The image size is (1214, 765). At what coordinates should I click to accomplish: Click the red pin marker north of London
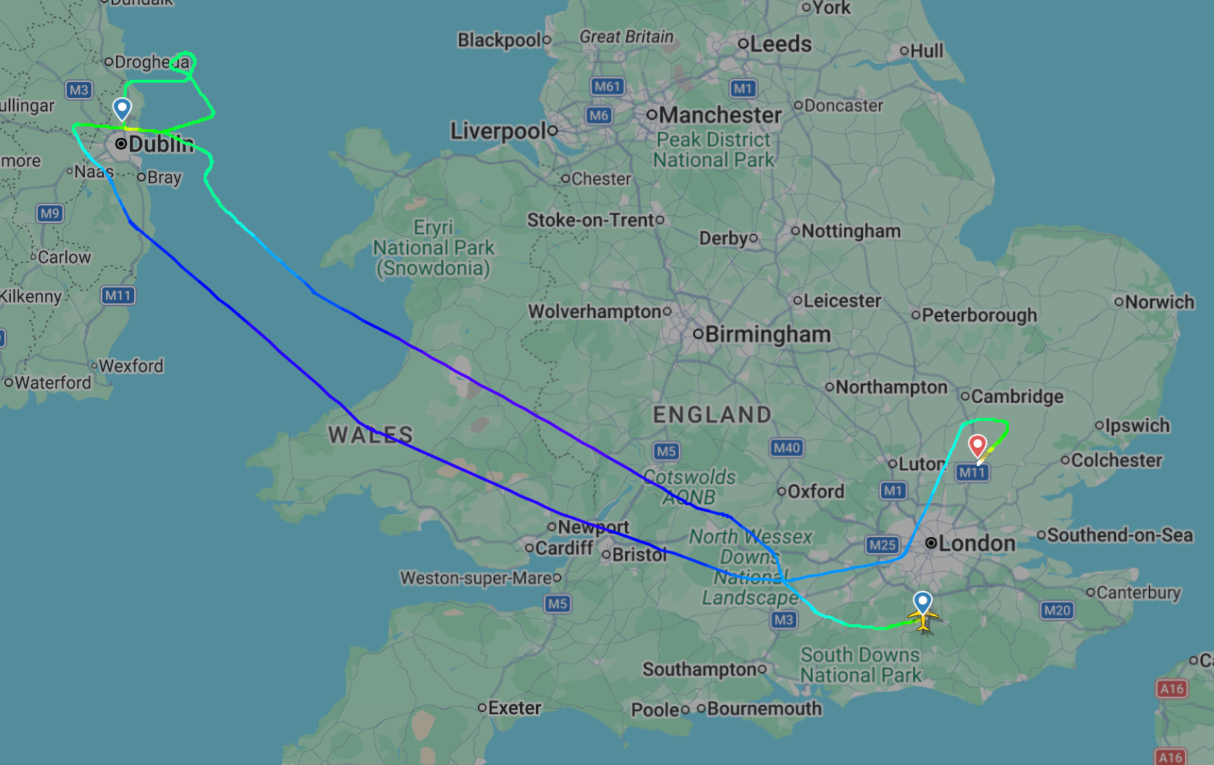pos(977,444)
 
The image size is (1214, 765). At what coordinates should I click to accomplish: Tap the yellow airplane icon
pos(922,619)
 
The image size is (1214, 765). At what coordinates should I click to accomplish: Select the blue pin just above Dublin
pos(122,109)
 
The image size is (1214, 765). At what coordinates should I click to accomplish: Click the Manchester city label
pos(720,115)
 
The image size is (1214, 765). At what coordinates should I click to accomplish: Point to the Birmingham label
pos(767,334)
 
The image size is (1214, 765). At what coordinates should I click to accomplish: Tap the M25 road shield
pos(882,545)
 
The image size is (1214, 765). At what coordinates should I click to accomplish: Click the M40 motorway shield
pos(786,448)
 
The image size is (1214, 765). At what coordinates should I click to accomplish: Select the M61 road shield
pos(607,86)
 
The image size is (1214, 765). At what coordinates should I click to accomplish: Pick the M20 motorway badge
pos(1057,610)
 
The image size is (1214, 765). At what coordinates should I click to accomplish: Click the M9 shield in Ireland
pos(50,213)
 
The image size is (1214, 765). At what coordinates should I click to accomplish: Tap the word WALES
pos(370,435)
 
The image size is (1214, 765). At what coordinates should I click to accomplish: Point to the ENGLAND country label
pos(712,414)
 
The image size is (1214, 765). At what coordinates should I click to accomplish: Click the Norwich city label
pos(1159,302)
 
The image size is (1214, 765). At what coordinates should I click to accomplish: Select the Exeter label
pos(514,708)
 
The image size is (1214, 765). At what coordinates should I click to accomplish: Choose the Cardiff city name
pos(563,548)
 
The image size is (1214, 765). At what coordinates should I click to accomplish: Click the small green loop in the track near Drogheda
pos(186,61)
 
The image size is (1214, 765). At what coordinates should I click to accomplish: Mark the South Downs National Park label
pos(860,665)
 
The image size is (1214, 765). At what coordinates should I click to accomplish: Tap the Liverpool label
pos(498,131)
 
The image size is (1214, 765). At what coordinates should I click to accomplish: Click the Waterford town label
pos(52,382)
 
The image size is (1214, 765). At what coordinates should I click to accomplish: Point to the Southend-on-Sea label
pos(1119,535)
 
